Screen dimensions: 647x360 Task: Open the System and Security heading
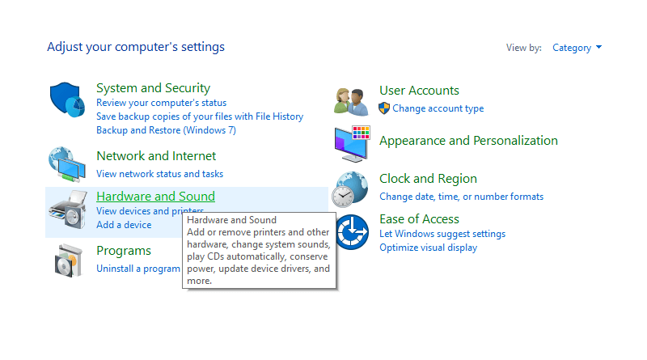tap(153, 88)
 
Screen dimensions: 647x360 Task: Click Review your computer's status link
tap(161, 103)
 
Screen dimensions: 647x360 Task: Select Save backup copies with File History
tap(200, 116)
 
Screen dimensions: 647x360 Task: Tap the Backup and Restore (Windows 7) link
tap(167, 130)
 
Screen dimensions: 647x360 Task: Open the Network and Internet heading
tap(156, 156)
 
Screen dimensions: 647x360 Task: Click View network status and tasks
tap(159, 174)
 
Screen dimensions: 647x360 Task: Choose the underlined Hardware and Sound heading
tap(155, 196)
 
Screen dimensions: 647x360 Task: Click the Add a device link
tap(124, 225)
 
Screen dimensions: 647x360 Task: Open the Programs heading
tap(124, 251)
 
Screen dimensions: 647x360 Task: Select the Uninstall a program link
tap(138, 269)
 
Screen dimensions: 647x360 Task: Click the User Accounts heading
tap(419, 91)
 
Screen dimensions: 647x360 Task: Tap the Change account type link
tap(438, 108)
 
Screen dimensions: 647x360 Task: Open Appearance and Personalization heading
tap(468, 141)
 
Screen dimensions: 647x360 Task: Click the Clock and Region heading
tap(428, 179)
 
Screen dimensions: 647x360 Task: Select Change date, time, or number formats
tap(461, 197)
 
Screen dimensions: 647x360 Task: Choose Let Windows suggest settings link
tap(442, 234)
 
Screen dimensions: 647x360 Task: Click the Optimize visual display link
tap(429, 248)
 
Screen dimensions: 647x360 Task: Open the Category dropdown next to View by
tap(577, 48)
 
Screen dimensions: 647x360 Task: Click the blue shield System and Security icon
tap(67, 100)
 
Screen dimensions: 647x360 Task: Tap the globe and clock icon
tap(351, 189)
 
